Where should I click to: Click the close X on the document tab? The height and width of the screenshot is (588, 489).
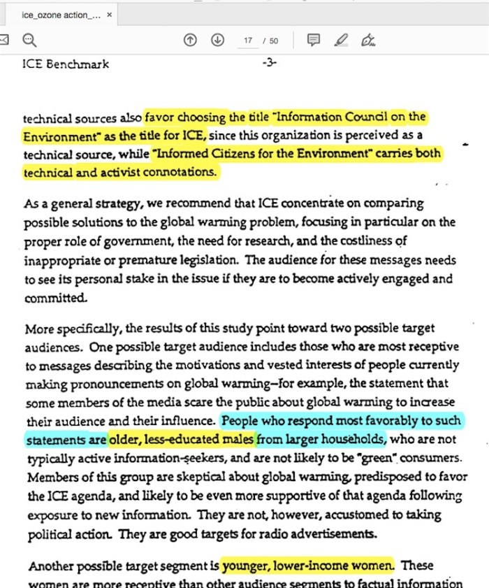[109, 15]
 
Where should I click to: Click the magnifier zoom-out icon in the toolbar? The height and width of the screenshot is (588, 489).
[29, 40]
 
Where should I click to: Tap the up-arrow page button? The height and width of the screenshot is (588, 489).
[190, 40]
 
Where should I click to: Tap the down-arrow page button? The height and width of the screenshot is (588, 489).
[217, 40]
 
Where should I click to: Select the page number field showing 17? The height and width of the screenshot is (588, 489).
[248, 41]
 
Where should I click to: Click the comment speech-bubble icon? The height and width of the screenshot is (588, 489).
[314, 40]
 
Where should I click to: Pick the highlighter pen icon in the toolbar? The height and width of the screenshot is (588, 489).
[341, 40]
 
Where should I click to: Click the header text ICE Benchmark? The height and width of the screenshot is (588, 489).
[66, 64]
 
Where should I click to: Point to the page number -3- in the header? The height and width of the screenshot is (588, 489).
[270, 64]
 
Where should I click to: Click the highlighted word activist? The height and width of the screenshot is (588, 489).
[133, 171]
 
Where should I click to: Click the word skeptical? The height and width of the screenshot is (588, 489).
[165, 478]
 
